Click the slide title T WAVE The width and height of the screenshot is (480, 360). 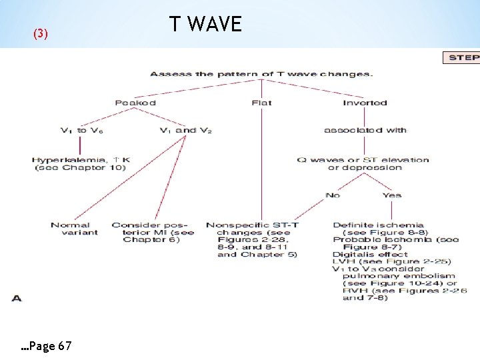coord(205,25)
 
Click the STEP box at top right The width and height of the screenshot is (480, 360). coord(462,57)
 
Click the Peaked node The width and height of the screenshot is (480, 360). coord(135,103)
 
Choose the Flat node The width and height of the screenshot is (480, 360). coord(261,103)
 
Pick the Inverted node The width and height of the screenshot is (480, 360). coord(365,103)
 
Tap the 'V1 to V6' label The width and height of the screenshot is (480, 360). coord(82,130)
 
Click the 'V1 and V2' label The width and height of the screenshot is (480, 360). coord(186,130)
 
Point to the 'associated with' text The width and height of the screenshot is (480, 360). coord(365,130)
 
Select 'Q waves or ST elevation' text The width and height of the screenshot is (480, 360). coord(363,160)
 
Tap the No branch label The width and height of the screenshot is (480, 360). coord(333,195)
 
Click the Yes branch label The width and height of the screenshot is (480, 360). coord(392,195)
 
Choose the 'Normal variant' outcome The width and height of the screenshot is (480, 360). coord(74,229)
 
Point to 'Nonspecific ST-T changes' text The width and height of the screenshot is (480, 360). coord(252,225)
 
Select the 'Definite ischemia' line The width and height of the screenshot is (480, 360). coord(378,225)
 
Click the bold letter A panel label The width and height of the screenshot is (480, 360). coord(17,298)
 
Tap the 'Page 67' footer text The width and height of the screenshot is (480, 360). coord(47,346)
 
